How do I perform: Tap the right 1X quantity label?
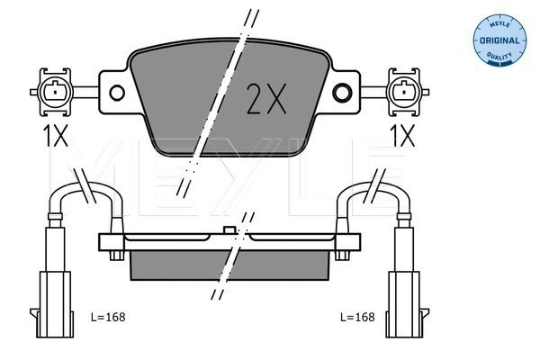pyautogui.click(x=401, y=136)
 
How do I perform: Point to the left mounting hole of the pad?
pyautogui.click(x=115, y=92)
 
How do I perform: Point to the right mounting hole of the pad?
pyautogui.click(x=342, y=92)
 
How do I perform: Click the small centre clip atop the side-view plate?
pyautogui.click(x=229, y=231)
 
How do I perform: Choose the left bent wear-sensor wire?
pyautogui.click(x=85, y=193)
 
